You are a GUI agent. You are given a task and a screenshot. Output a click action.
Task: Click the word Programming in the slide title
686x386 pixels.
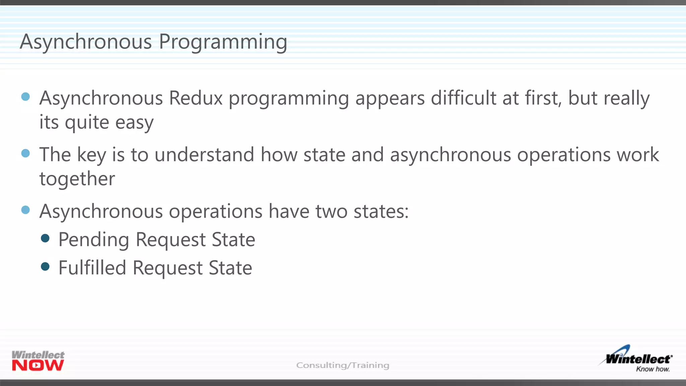coord(223,42)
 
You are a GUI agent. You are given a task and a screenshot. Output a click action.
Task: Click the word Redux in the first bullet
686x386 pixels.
coord(196,99)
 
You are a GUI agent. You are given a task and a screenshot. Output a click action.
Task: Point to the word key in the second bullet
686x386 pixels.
coord(91,155)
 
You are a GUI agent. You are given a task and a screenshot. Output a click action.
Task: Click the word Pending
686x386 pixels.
coord(94,240)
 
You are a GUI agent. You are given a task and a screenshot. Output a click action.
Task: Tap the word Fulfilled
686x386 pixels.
coord(92,268)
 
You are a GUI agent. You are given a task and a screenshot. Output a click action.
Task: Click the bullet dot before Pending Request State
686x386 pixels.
coord(45,238)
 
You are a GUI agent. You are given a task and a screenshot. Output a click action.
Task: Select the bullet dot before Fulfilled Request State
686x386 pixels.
coord(45,266)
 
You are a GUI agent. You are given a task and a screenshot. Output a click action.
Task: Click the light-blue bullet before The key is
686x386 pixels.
coord(25,153)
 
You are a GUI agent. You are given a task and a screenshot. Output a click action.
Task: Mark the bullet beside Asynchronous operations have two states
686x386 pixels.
coord(25,210)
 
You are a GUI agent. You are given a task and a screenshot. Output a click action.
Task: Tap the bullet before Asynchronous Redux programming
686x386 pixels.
coord(25,97)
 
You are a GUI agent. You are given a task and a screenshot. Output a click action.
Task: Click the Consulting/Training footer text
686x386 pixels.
coord(343,365)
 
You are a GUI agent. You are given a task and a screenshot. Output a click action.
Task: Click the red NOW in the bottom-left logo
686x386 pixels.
coord(38,366)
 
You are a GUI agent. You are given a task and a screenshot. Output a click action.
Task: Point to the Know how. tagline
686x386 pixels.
coord(653,369)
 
